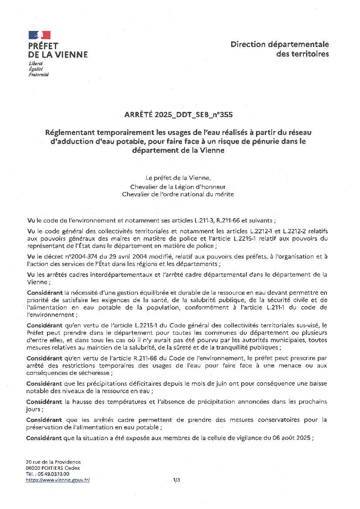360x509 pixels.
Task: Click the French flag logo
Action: (40, 35)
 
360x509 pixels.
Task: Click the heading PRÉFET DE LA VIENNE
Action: (57, 50)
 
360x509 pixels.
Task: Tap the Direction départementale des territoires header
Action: (279, 49)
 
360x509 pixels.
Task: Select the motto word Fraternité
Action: (38, 74)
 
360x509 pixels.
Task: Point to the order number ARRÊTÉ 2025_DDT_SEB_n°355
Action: (179, 115)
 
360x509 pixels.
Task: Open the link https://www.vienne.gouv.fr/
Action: (57, 480)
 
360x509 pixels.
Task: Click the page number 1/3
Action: (176, 480)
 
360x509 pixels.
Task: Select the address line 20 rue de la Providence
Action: (53, 462)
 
